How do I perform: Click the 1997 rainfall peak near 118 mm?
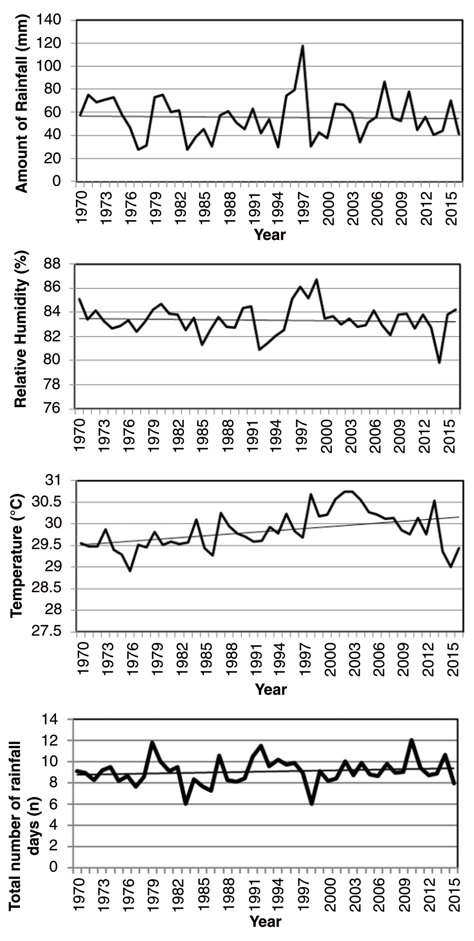(x=302, y=46)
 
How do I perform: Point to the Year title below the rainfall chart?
(x=270, y=234)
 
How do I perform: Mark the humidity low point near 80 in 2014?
(x=439, y=363)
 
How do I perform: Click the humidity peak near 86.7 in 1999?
(x=316, y=279)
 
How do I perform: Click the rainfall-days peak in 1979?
(x=152, y=742)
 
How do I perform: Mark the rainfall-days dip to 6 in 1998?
(x=311, y=804)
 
